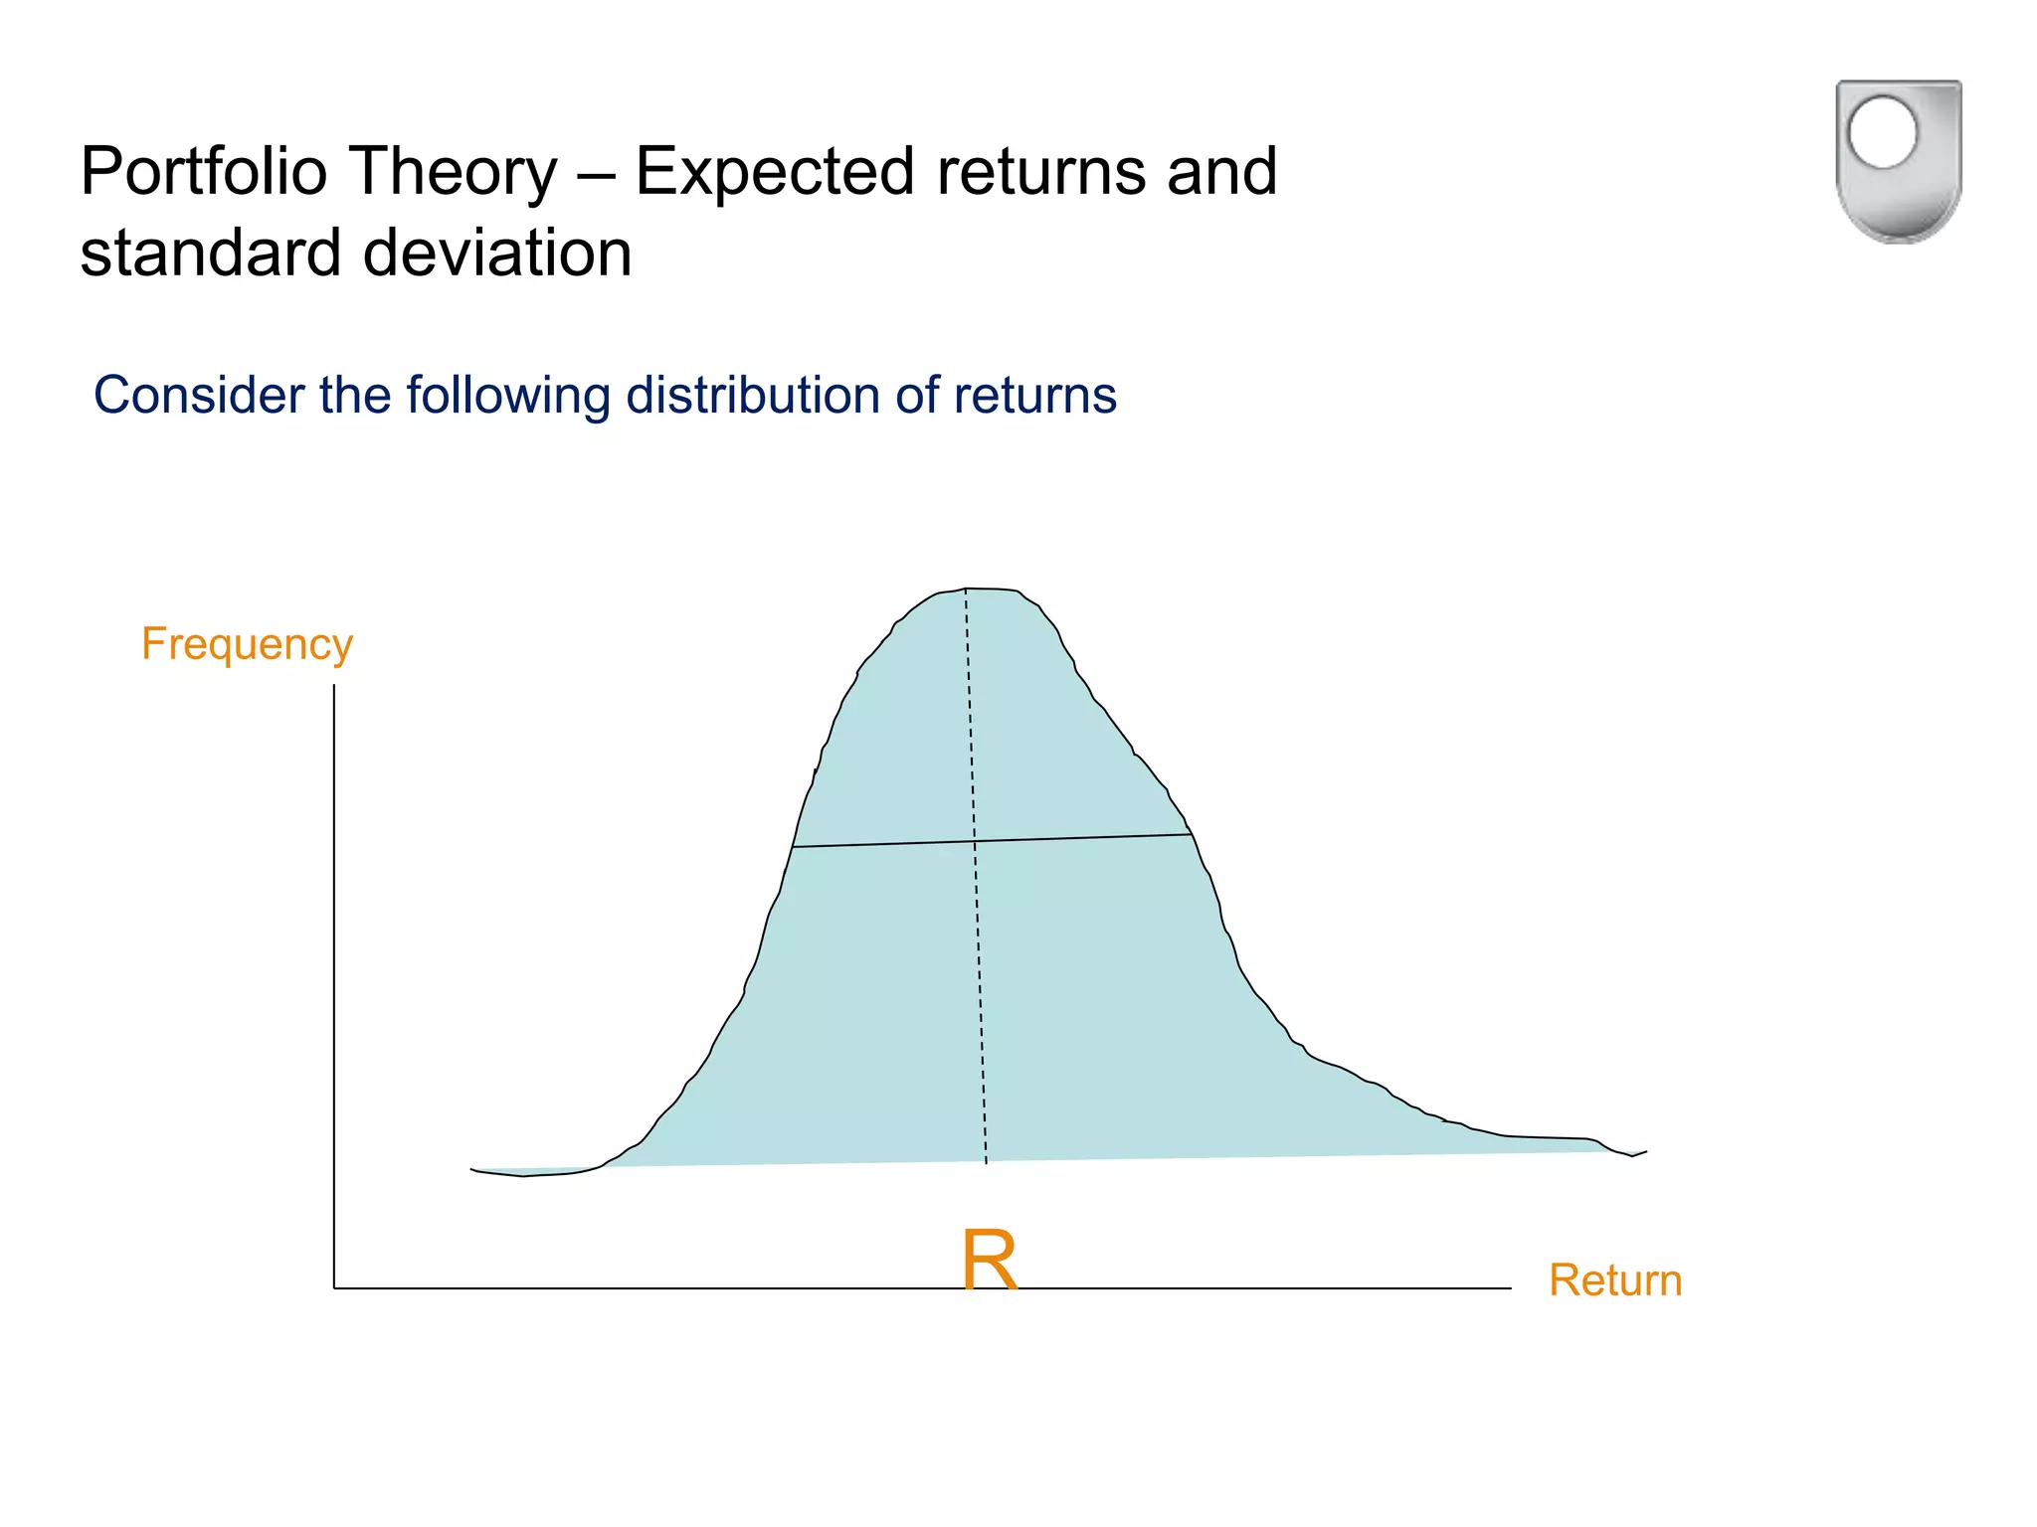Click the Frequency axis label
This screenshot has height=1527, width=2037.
tap(247, 644)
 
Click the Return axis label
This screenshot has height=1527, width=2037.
tap(1614, 1280)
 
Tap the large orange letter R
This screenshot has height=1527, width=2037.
tap(990, 1261)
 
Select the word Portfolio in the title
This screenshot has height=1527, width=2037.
tap(203, 171)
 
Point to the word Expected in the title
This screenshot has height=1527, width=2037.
tap(774, 171)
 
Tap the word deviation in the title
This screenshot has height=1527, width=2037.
tap(497, 253)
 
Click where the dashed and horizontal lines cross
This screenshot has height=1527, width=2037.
tap(975, 841)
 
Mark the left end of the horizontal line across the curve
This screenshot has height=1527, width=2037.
tap(793, 847)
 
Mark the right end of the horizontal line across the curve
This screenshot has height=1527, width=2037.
tap(1192, 834)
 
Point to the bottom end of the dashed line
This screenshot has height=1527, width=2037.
tap(986, 1162)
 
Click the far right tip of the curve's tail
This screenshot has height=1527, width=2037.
tap(1646, 1152)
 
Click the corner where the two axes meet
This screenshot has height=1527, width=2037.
tap(334, 1288)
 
